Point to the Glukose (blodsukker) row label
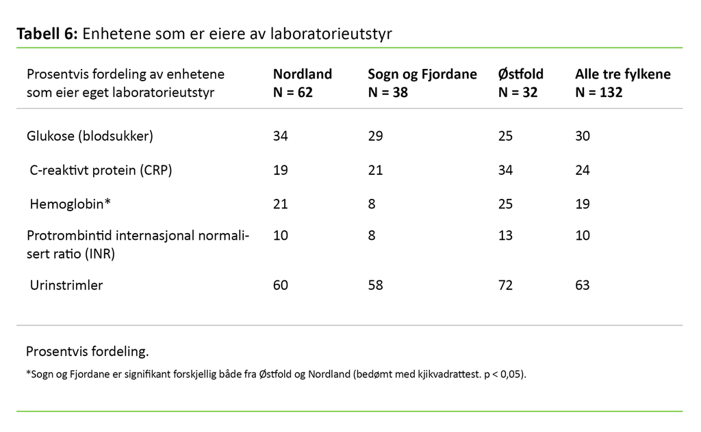[x=90, y=136]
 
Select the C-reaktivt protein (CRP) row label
[x=101, y=170]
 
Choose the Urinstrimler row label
[x=66, y=285]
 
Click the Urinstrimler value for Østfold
[x=506, y=285]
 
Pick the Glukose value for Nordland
[x=281, y=136]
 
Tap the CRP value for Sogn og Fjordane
[x=375, y=170]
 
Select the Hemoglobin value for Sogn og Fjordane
[x=372, y=204]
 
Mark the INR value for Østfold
[x=505, y=236]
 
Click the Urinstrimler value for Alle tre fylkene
[x=583, y=285]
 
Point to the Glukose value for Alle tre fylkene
[x=583, y=136]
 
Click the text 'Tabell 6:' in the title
[x=47, y=34]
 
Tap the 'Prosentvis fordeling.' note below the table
[x=87, y=351]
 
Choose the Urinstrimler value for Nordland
[x=281, y=285]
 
